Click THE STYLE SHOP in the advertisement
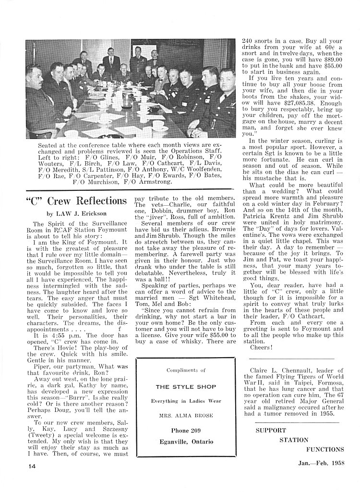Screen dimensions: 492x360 (186, 387)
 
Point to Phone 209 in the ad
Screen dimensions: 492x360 (186, 430)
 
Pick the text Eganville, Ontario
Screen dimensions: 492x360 (186, 441)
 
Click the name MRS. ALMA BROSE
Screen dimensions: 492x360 (186, 414)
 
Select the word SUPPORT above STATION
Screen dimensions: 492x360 (270, 430)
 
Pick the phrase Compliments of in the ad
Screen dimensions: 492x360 (186, 370)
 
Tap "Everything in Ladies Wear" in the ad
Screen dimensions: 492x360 (186, 400)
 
